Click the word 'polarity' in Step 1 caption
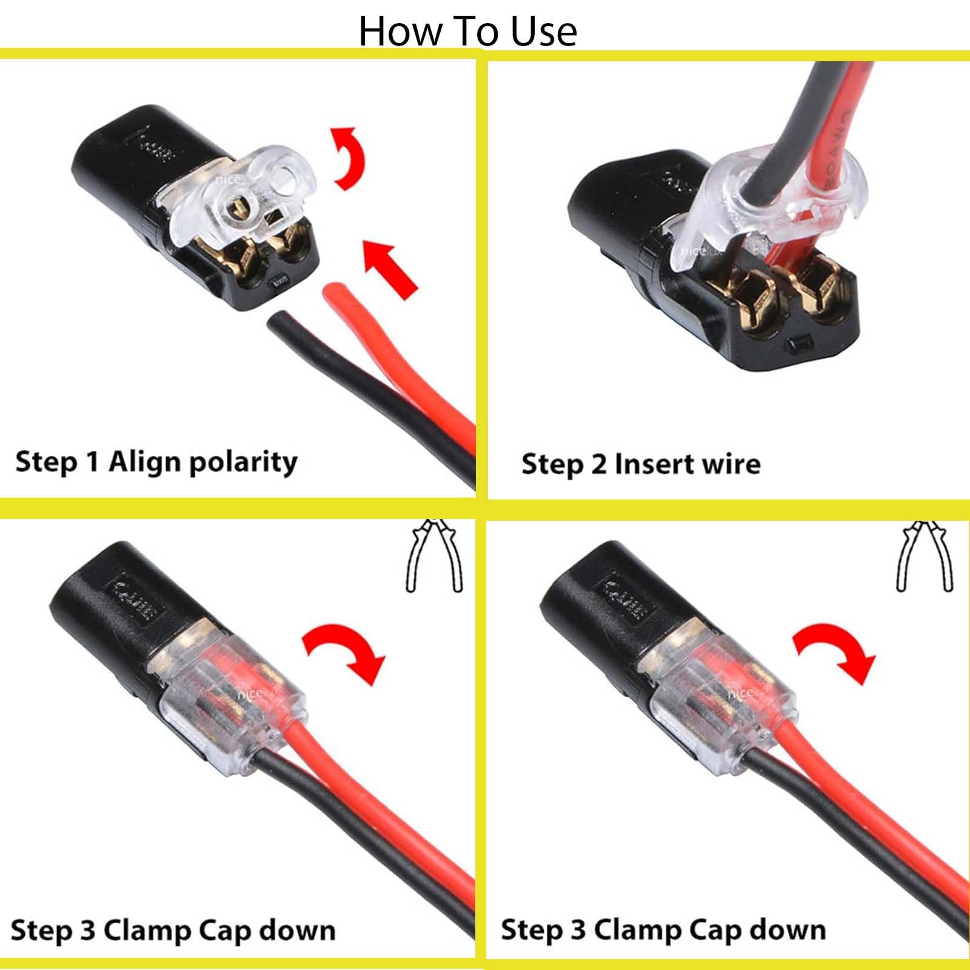click(x=244, y=463)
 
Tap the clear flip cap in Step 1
click(x=242, y=200)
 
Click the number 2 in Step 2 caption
click(x=598, y=464)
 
